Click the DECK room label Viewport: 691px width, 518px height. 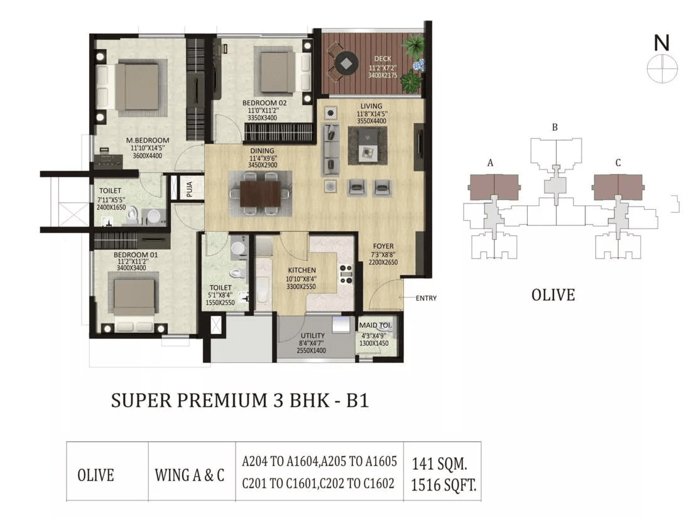[383, 58]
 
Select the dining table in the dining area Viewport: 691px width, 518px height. [261, 193]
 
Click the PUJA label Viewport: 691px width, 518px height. [190, 189]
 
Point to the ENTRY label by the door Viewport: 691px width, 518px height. [426, 298]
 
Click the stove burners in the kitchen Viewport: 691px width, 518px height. [346, 274]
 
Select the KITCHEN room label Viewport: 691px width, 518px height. [302, 271]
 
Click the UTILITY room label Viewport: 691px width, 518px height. [312, 336]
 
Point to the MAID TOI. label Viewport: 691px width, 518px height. [375, 325]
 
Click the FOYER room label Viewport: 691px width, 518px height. [383, 246]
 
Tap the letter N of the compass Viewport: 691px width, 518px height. [661, 43]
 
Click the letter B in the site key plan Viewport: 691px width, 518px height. [555, 127]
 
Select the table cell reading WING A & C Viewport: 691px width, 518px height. [190, 475]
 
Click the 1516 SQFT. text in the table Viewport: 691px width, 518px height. [443, 485]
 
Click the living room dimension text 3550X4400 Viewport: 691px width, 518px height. [371, 121]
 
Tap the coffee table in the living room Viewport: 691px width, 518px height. [367, 146]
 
